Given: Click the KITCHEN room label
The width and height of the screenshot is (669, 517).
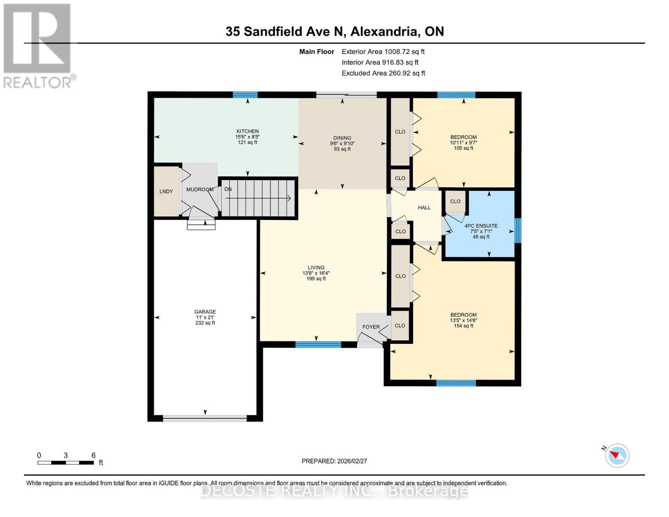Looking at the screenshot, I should pos(247,131).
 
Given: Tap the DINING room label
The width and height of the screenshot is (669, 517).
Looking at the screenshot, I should pos(342,138).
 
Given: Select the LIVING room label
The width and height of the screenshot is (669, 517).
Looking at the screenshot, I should pos(316,268).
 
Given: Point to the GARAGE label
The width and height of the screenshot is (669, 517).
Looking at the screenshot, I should pos(205,312).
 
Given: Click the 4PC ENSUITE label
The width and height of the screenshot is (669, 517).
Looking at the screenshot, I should pos(481,226).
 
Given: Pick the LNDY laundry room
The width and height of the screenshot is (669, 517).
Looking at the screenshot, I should pos(166,191).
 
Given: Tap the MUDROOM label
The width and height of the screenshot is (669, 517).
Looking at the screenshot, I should pos(200,190).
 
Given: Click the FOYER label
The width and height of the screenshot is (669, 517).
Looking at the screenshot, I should pos(371,327).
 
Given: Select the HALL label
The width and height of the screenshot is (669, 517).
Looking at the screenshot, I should pos(424,208).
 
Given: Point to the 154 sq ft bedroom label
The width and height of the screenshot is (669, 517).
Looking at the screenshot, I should pos(464,320).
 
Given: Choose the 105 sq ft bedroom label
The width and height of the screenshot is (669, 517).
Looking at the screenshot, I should pos(464,143).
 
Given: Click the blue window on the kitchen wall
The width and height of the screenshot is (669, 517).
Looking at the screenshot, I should pos(245,95).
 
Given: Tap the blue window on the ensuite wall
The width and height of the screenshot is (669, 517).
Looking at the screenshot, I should pos(518,230).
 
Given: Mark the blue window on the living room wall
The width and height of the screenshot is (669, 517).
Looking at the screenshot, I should pos(318,344).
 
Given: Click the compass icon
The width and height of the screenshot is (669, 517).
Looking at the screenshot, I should pos(617,455).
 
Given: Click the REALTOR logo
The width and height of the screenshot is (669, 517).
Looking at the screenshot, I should pos(37,45).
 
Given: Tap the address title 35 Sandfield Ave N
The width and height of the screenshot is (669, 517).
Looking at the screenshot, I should pos(334,31).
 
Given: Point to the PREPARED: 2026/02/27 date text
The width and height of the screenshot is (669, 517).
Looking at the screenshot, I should pos(334,461).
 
